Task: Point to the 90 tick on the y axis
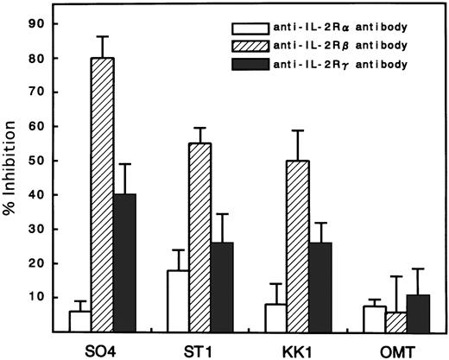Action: [42, 25]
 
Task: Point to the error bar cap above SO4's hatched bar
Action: [103, 37]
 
